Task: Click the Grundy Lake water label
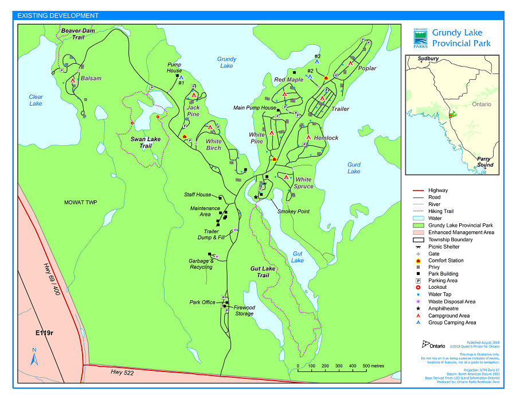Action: pyautogui.click(x=226, y=62)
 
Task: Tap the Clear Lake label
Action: pyautogui.click(x=36, y=100)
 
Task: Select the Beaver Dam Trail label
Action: pyautogui.click(x=78, y=33)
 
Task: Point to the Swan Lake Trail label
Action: pyautogui.click(x=146, y=142)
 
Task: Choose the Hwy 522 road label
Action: pyautogui.click(x=123, y=373)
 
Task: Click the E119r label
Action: pyautogui.click(x=44, y=333)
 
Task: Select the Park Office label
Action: pyautogui.click(x=202, y=302)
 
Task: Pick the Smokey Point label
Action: pyautogui.click(x=294, y=211)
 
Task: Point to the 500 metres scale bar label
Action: pyautogui.click(x=373, y=366)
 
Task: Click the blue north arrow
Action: pyautogui.click(x=34, y=357)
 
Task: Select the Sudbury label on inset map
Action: pyautogui.click(x=428, y=59)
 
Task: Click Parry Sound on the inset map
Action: pyautogui.click(x=485, y=161)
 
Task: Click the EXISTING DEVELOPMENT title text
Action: pyautogui.click(x=57, y=16)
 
